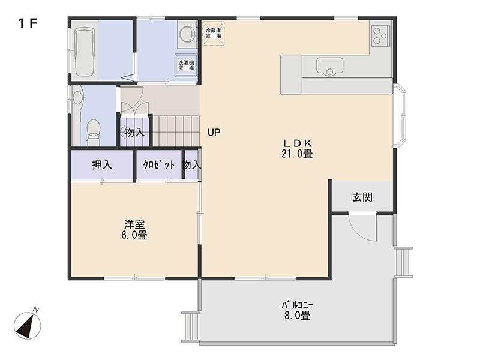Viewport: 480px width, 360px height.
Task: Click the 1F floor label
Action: [28, 23]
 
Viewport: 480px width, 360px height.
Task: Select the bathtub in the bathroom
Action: [84, 52]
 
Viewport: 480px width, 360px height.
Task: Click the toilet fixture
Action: [94, 131]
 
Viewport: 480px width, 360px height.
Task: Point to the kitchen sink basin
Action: [329, 66]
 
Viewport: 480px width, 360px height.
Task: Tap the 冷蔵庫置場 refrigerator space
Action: [214, 33]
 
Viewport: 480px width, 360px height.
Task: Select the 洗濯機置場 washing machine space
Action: [186, 65]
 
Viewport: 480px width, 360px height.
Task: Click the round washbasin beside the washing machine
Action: [187, 34]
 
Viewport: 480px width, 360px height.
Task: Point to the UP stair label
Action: [214, 132]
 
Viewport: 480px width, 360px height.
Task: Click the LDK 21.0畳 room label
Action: [297, 148]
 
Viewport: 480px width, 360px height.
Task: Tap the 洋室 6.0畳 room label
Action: [134, 230]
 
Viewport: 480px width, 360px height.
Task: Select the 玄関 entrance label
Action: [362, 197]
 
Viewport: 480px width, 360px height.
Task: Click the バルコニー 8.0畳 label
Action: [297, 310]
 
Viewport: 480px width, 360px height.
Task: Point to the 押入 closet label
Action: [101, 165]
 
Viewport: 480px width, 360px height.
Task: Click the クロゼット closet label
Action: [159, 165]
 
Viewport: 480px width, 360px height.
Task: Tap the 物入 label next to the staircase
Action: [134, 132]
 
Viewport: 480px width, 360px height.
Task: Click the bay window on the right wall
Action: [400, 115]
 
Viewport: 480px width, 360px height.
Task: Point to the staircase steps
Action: [176, 131]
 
